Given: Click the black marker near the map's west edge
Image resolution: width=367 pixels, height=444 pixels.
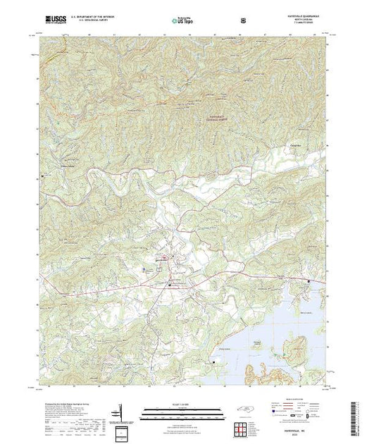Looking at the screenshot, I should pos(44,175).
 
